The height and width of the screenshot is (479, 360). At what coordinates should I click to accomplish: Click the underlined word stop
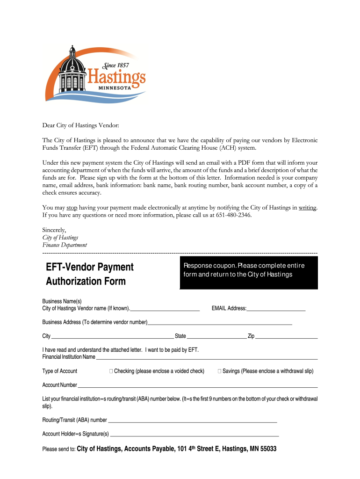coord(72,208)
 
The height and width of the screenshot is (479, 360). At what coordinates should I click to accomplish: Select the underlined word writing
coord(307,208)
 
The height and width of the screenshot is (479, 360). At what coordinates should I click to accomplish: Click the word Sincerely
coord(54,230)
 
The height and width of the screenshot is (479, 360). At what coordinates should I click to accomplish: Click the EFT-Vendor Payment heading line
coord(90,267)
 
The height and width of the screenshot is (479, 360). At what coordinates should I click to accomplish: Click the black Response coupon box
coord(248,273)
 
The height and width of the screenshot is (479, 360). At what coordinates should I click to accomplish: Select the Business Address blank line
coord(220,323)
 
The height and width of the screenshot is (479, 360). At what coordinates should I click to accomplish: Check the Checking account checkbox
coord(111,371)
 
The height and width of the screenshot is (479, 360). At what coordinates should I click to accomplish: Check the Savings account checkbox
coord(219,371)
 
